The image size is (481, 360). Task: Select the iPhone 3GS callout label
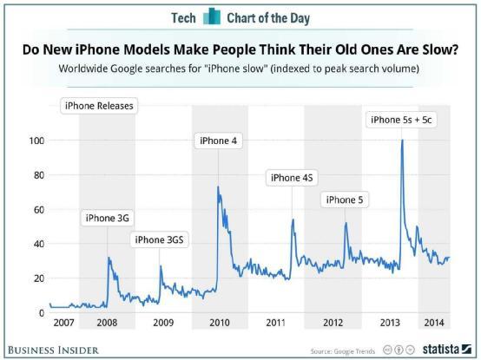click(x=161, y=239)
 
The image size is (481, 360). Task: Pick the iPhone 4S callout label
click(x=291, y=178)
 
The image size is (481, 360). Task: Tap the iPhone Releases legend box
click(x=98, y=107)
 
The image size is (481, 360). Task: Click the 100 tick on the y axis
click(x=36, y=141)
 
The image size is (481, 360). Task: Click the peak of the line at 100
click(x=401, y=141)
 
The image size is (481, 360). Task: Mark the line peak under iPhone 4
click(x=217, y=187)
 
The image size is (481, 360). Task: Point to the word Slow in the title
click(x=437, y=49)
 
